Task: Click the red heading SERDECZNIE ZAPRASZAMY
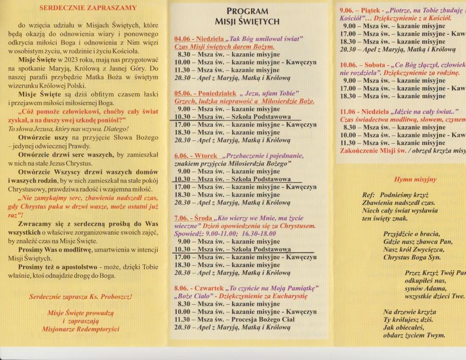coord(88,8)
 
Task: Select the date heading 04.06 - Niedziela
coord(199,39)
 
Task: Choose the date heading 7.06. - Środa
coord(194,219)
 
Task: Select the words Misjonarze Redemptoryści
coord(80,329)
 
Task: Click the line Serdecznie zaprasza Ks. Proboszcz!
coord(80,297)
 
